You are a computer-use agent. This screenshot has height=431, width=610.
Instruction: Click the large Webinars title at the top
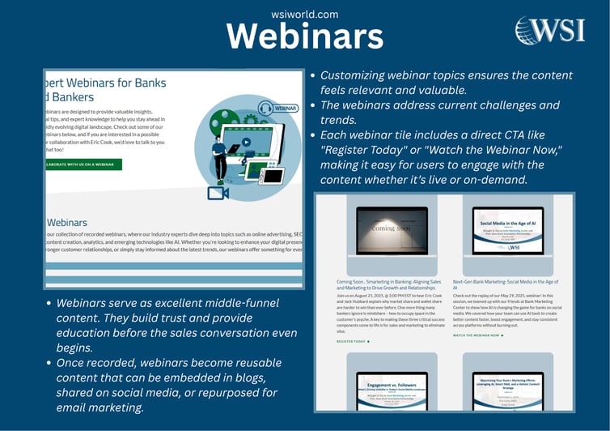pyautogui.click(x=304, y=36)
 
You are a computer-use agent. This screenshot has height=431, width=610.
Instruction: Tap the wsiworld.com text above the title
pyautogui.click(x=305, y=14)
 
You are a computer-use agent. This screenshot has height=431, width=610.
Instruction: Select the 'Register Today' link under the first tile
pyautogui.click(x=353, y=341)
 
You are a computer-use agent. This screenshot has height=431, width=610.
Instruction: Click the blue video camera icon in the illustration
pyautogui.click(x=218, y=193)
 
